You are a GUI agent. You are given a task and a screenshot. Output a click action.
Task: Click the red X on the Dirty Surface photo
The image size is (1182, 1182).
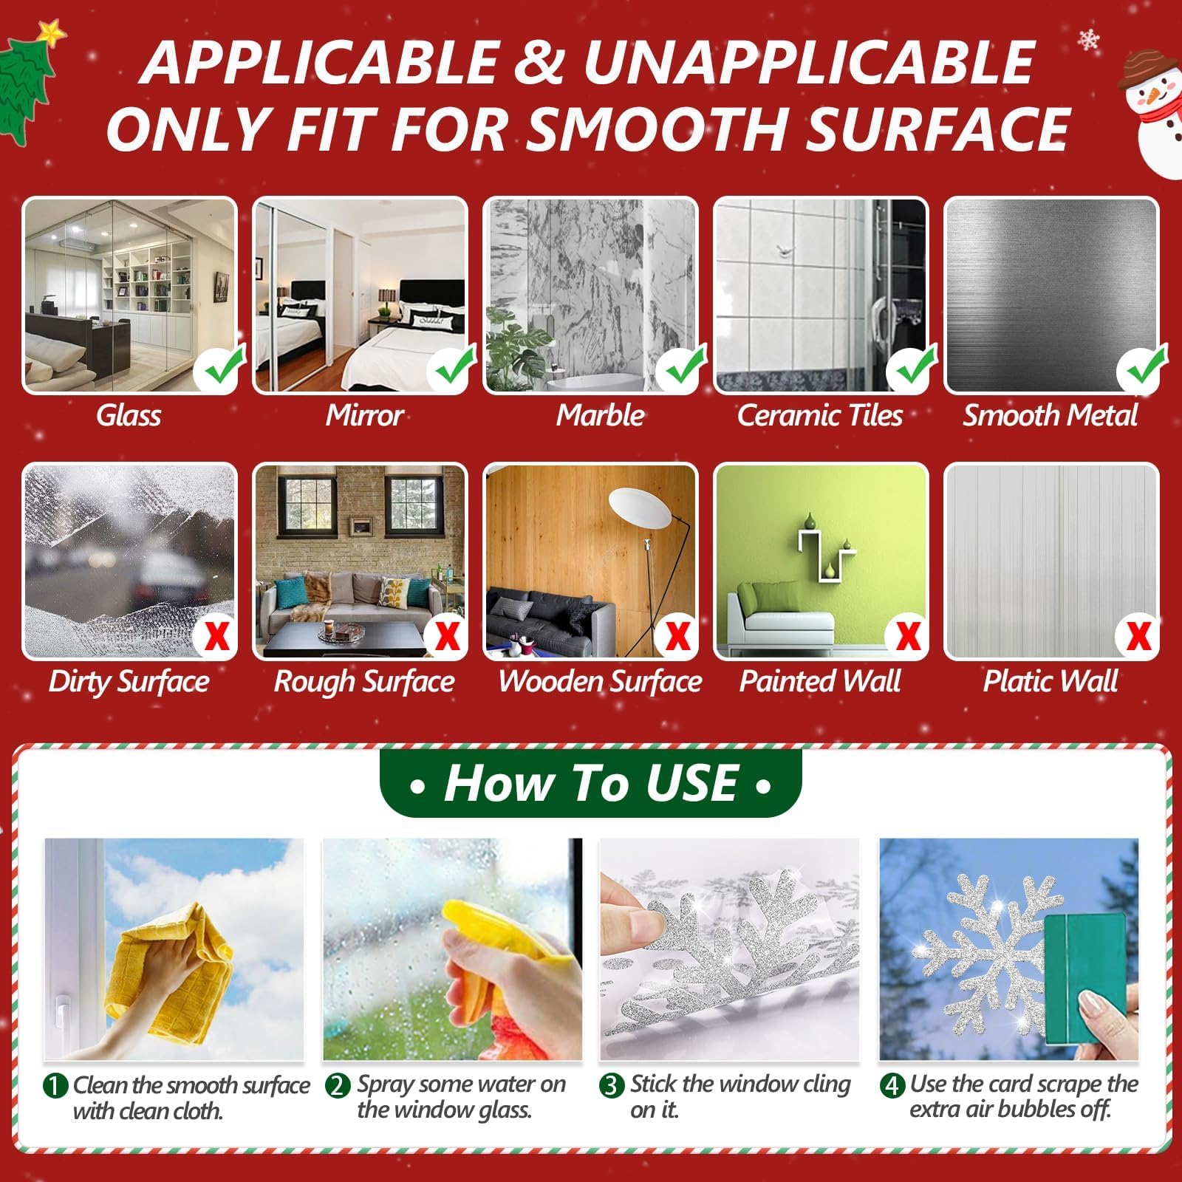point(216,635)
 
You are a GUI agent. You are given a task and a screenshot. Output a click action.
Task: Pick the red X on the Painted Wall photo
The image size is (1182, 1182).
point(908,635)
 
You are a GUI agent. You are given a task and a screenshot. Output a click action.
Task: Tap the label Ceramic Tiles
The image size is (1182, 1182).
point(820,415)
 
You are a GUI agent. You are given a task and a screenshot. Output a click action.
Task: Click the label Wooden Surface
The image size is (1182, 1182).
point(600,681)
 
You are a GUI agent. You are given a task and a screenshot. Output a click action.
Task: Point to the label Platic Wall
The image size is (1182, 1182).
point(1051,681)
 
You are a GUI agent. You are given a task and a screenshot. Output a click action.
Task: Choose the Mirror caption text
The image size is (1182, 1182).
point(364,415)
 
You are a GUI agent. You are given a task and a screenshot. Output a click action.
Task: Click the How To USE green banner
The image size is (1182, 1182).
point(591,783)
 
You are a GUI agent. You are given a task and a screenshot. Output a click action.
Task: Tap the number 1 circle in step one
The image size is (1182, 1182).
point(55,1086)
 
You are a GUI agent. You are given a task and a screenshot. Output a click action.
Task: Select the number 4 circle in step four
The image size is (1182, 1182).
point(892,1085)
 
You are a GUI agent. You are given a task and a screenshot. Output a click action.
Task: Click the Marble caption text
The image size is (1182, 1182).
point(600,415)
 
